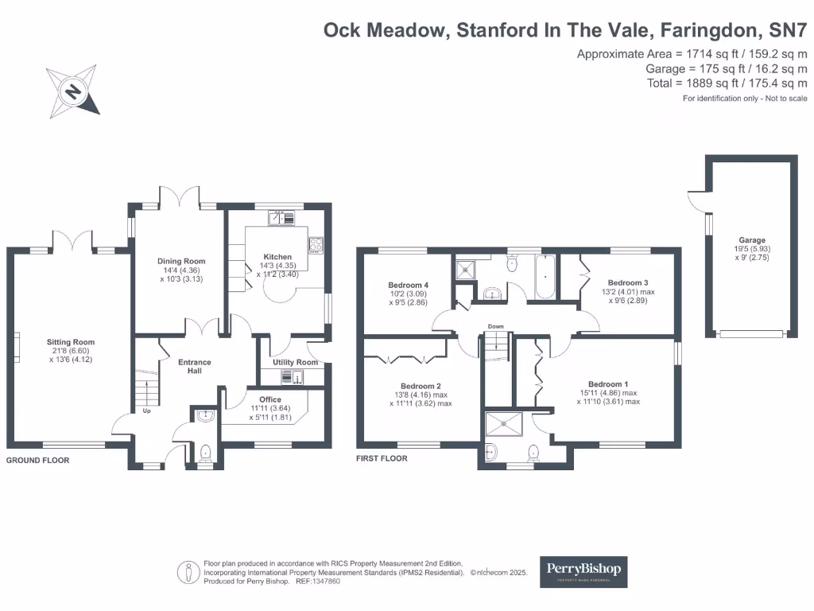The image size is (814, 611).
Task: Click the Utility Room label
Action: [x=295, y=362]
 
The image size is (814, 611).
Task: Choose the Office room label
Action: [x=270, y=399]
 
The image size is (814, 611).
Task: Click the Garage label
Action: [x=752, y=239]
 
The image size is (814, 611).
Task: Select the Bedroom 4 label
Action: [x=409, y=285]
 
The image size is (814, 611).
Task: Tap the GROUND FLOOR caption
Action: [x=38, y=461]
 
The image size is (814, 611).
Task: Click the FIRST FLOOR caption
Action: [x=382, y=459]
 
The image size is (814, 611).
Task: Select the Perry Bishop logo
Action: [x=584, y=571]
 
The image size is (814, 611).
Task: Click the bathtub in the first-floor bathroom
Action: [x=545, y=278]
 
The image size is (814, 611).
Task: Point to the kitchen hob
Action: [x=316, y=244]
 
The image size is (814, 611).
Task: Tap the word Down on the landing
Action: [x=495, y=326]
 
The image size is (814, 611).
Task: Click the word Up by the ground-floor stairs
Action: [x=146, y=411]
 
